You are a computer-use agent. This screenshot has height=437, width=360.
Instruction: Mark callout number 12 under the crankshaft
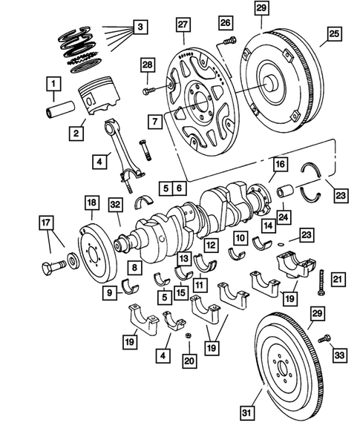pos(211,243)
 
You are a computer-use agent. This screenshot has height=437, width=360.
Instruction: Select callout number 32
pos(115,203)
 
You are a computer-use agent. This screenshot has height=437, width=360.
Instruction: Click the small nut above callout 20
pos(189,336)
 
